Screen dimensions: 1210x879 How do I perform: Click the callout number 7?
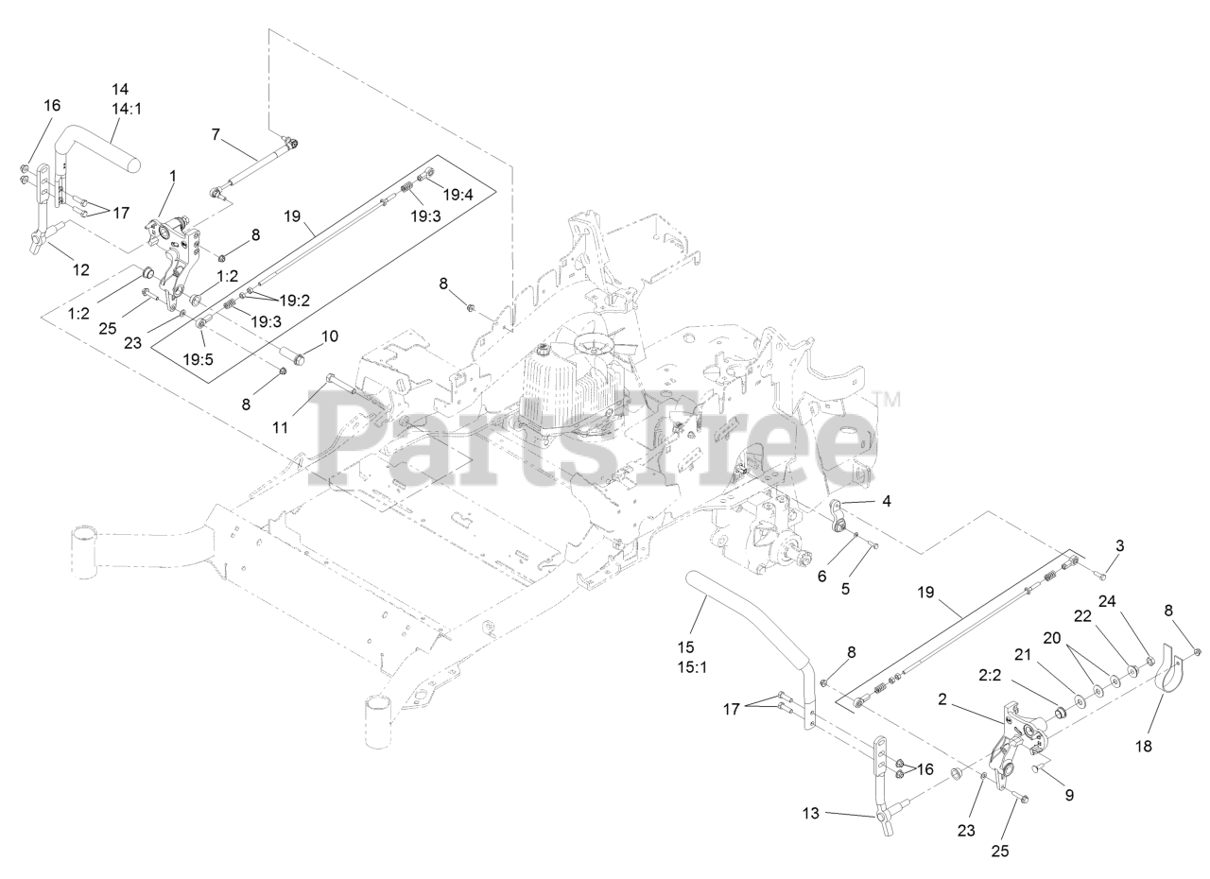pos(216,135)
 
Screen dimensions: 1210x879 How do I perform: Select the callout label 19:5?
pos(199,359)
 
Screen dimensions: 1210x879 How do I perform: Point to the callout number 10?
pos(329,336)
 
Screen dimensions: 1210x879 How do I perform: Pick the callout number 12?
pos(81,269)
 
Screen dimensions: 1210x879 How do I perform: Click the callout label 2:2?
pos(989,677)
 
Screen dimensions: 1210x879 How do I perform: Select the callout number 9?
pos(1069,795)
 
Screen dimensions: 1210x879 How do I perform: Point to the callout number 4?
pos(886,501)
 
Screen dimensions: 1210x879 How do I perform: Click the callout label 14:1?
pos(126,109)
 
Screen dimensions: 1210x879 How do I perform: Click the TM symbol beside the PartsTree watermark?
pos(888,398)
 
